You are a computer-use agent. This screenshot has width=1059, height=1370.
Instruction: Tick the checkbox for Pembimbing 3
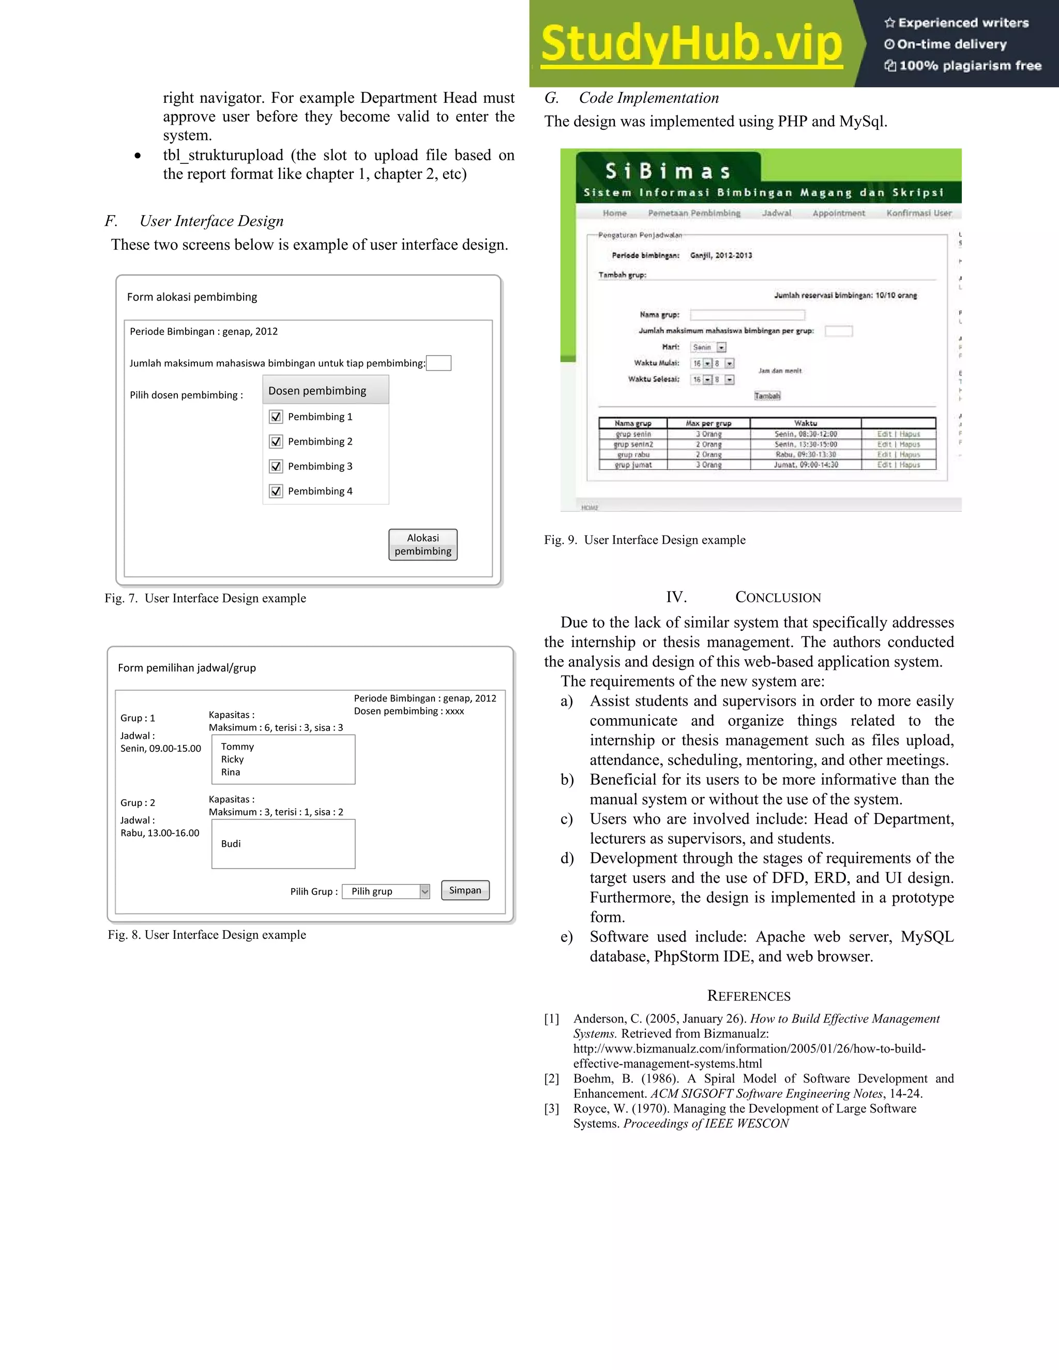[276, 466]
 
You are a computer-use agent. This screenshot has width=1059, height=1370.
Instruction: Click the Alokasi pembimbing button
[423, 544]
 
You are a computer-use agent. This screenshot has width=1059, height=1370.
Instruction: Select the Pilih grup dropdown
[386, 891]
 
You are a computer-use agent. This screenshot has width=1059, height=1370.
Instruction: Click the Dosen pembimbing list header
[326, 390]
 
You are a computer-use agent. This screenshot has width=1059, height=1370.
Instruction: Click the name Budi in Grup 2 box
[231, 844]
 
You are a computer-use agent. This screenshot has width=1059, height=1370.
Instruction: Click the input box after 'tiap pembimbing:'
[438, 363]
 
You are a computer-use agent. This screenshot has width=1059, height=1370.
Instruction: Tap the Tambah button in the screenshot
[767, 396]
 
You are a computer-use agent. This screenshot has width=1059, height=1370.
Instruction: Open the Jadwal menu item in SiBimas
[777, 214]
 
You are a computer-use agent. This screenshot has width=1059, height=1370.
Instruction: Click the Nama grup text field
[747, 315]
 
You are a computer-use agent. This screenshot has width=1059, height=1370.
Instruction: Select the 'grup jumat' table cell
[633, 465]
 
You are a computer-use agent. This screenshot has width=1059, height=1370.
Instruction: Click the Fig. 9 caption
[644, 540]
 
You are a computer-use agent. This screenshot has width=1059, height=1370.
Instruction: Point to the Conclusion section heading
[744, 597]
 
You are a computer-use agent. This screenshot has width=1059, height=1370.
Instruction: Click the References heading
[748, 996]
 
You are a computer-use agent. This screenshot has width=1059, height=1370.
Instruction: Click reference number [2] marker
[551, 1078]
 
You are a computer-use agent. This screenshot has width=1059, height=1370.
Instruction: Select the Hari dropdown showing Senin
[708, 347]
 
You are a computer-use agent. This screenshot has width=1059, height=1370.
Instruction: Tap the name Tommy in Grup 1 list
[237, 747]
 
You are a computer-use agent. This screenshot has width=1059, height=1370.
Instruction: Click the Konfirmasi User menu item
[918, 214]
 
